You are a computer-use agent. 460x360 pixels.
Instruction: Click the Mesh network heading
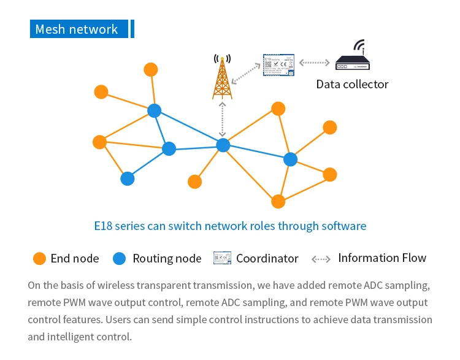tap(77, 29)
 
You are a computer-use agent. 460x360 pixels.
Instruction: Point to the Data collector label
tap(352, 84)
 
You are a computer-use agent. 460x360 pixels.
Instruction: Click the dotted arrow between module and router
tap(315, 63)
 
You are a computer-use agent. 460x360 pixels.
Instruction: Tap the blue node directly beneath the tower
tap(223, 145)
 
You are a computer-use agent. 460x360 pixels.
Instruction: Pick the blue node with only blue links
tap(128, 178)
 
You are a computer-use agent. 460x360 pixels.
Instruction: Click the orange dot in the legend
tap(39, 258)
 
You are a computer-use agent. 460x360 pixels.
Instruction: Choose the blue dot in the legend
tap(120, 258)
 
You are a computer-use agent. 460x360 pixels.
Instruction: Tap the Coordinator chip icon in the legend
tap(222, 258)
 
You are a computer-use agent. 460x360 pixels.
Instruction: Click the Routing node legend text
tap(167, 259)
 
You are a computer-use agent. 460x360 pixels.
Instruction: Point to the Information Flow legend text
tap(382, 258)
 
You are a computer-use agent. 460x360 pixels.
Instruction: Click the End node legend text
tap(75, 259)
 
